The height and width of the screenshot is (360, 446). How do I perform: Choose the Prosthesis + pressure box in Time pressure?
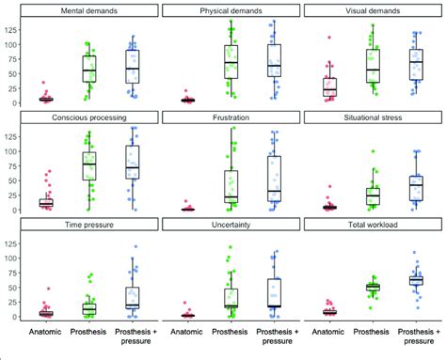[133, 297]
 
